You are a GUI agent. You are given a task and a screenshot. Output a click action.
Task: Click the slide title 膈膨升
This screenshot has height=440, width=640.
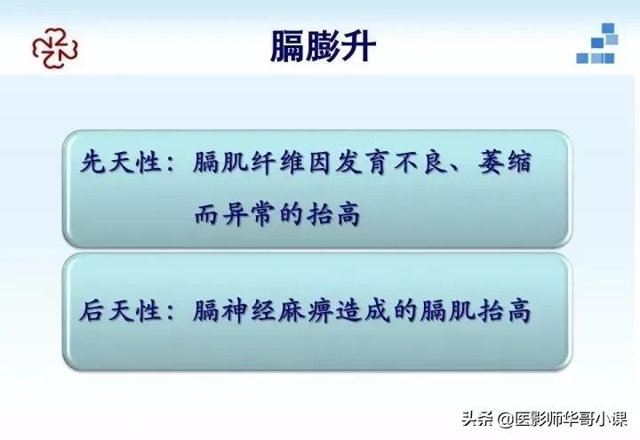tap(323, 45)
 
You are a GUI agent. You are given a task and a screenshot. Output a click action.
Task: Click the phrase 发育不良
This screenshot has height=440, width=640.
tap(401, 165)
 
